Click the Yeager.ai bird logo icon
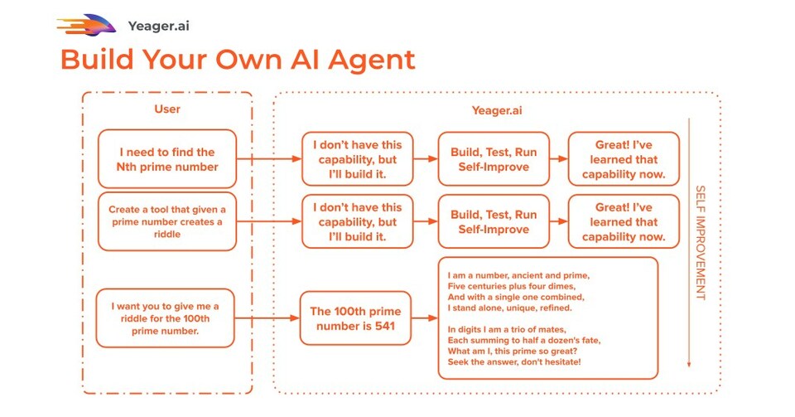[x=86, y=25]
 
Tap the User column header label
[x=166, y=109]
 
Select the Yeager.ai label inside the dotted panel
[x=496, y=109]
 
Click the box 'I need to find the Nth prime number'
[x=166, y=158]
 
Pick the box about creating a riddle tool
[x=166, y=221]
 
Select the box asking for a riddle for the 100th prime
[x=166, y=318]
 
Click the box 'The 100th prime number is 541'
[x=355, y=318]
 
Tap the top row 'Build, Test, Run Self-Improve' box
[x=494, y=158]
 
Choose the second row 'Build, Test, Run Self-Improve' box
[x=494, y=221]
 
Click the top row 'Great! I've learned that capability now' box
[x=623, y=158]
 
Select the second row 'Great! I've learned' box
[x=623, y=221]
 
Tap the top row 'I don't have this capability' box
[x=357, y=158]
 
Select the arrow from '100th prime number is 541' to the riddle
[x=425, y=318]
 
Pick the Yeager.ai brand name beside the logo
[x=159, y=26]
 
